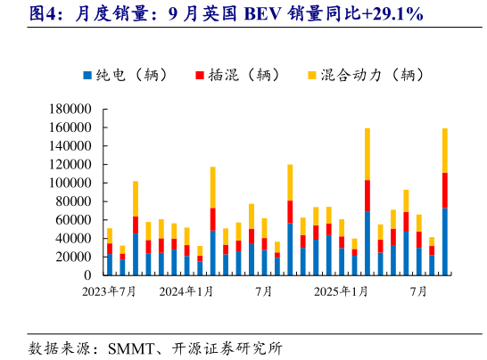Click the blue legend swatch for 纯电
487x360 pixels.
tap(87, 76)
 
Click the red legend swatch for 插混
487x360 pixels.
tap(199, 76)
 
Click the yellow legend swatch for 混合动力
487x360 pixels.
tap(311, 76)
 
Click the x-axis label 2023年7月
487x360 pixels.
tap(109, 291)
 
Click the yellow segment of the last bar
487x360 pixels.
tap(444, 150)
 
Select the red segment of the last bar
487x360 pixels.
tap(444, 190)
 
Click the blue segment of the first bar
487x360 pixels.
tap(110, 265)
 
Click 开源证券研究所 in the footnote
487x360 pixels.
tap(237, 347)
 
